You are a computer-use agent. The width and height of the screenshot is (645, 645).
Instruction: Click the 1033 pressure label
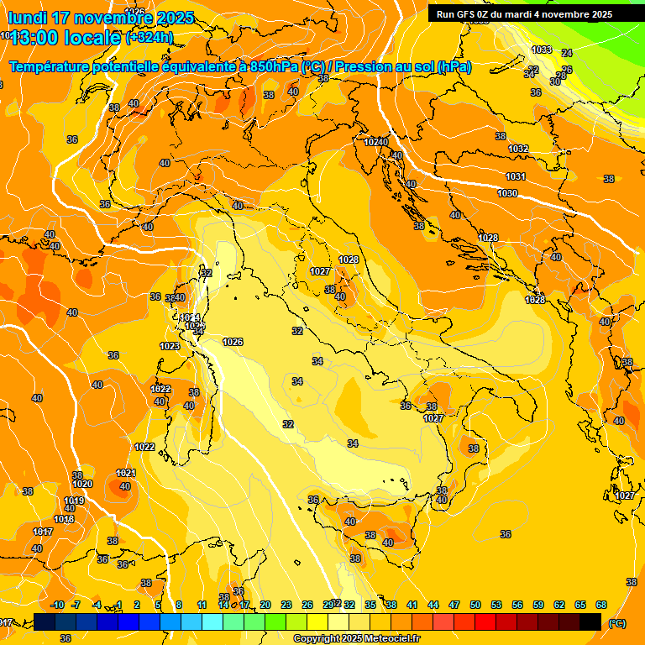[x=542, y=50]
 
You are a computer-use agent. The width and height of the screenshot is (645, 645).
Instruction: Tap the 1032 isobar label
[x=518, y=149]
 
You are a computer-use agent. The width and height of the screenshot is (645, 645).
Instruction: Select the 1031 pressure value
[x=516, y=176]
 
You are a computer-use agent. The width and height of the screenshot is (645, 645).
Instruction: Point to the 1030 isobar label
[x=507, y=193]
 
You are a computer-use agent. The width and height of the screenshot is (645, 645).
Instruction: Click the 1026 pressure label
[x=233, y=342]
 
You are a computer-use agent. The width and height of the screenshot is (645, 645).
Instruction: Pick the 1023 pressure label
[x=170, y=346]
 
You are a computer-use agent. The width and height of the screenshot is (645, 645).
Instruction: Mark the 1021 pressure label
[x=126, y=473]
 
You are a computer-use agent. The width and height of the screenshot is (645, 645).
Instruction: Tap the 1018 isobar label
[x=64, y=519]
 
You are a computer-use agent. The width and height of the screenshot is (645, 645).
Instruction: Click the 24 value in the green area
[x=567, y=53]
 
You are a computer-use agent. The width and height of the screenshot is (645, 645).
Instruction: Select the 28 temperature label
[x=561, y=76]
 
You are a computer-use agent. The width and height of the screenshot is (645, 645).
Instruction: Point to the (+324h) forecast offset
[x=149, y=38]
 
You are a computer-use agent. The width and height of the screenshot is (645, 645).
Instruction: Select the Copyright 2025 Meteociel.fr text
[x=356, y=638]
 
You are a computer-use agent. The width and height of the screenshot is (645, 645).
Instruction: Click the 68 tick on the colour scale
[x=601, y=605]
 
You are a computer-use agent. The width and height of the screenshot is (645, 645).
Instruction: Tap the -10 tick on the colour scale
[x=58, y=605]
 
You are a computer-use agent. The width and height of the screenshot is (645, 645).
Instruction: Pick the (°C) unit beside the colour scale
[x=616, y=622]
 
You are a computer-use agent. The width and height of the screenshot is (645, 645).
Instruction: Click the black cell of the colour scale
[x=590, y=621]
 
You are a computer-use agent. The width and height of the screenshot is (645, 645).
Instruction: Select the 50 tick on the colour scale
[x=475, y=605]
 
